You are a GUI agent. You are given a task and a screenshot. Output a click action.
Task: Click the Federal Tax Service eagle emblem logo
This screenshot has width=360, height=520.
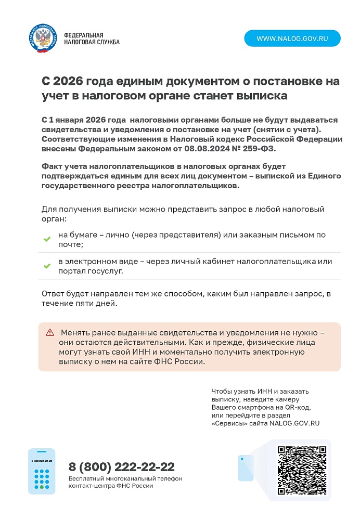tap(43, 38)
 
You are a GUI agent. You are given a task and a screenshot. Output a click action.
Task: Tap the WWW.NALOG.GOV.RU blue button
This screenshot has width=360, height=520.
tap(292, 38)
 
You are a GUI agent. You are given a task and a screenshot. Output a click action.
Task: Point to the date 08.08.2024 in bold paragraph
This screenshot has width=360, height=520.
tap(205, 148)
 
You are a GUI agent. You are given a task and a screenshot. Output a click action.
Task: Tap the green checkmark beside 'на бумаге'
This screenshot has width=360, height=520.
tap(47, 239)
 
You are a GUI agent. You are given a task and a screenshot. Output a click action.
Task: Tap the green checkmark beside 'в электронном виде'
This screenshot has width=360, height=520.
tap(47, 266)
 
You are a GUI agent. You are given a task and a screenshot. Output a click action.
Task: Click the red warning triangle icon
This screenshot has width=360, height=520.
tap(50, 332)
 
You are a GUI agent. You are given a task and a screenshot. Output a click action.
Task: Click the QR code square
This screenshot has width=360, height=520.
tap(302, 470)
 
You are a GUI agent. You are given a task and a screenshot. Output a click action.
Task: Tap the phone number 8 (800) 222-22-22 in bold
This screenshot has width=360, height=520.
tap(122, 466)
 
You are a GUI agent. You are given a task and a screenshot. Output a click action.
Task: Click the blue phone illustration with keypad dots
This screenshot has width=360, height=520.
tap(41, 471)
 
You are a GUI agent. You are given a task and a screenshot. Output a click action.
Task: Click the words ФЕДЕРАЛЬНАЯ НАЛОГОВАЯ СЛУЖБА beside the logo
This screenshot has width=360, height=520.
tap(92, 38)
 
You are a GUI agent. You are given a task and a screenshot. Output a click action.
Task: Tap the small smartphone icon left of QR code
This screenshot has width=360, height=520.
tap(246, 467)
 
